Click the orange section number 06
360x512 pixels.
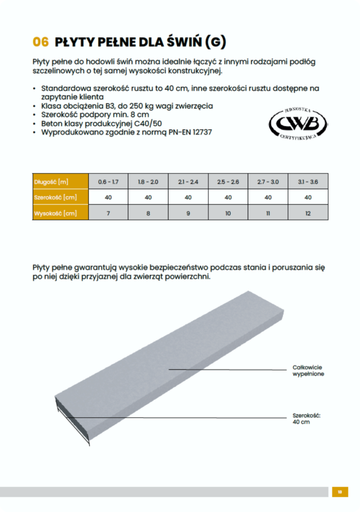pos(41,42)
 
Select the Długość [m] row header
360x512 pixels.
pos(51,182)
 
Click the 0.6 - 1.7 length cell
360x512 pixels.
pos(108,182)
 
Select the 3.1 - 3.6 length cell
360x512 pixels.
pos(308,182)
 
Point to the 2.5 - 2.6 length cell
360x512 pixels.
pos(228,182)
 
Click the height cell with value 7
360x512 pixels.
pos(108,213)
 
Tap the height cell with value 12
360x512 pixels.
pos(308,213)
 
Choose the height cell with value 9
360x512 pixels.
pos(188,213)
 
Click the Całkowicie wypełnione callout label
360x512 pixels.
pos(308,370)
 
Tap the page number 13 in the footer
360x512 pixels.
pos(340,492)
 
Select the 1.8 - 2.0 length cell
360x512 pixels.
pos(148,182)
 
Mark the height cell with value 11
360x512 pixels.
pos(268,213)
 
